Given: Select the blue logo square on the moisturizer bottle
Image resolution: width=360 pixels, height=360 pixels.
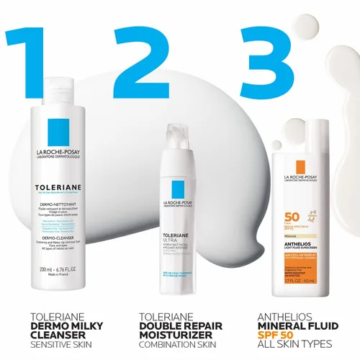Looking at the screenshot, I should pyautogui.click(x=176, y=192).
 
